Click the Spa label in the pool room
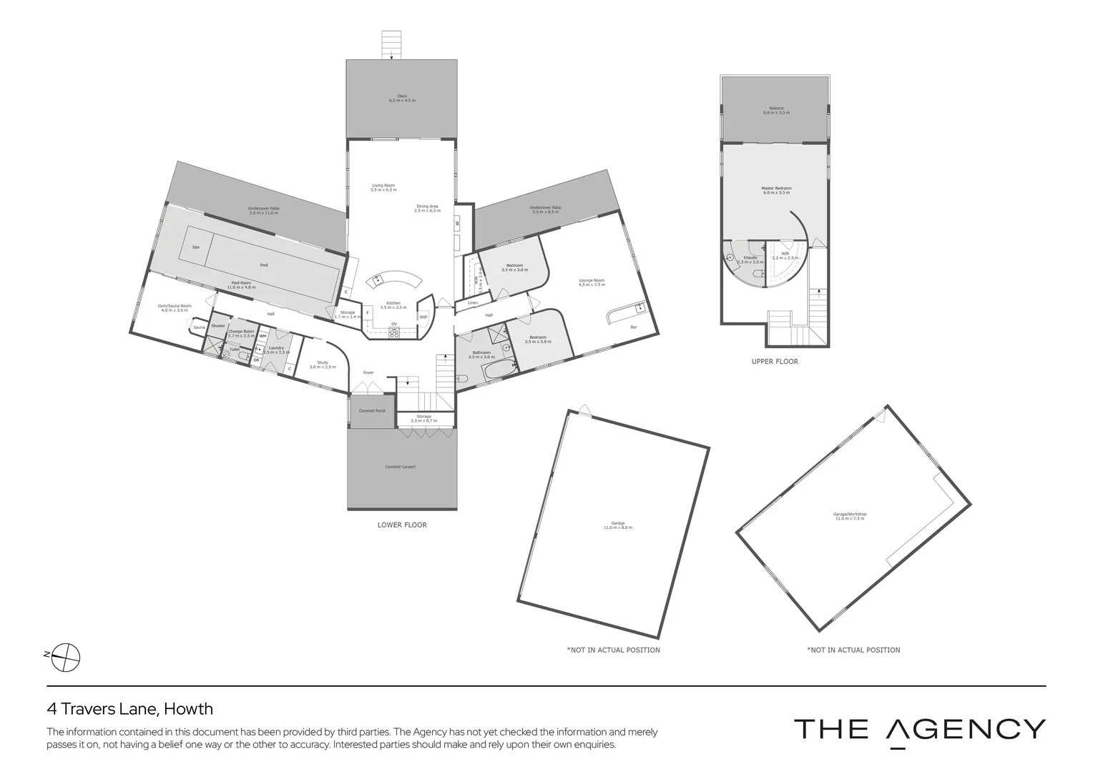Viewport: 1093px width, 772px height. click(x=195, y=247)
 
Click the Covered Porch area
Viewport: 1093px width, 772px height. click(x=371, y=412)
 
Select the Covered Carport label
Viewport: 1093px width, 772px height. click(x=401, y=467)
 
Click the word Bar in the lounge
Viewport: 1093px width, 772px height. click(x=633, y=327)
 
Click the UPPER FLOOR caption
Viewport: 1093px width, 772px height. click(x=774, y=362)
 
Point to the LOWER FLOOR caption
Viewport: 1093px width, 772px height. click(x=401, y=525)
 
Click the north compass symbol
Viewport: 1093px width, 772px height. click(x=66, y=656)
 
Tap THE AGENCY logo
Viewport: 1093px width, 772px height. click(x=919, y=731)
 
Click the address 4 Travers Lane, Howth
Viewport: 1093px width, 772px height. click(x=129, y=709)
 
